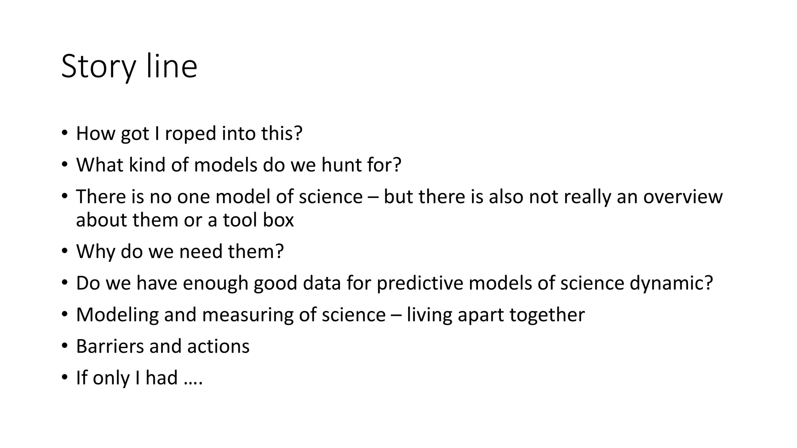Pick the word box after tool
[278, 220]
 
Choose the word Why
[96, 252]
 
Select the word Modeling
[117, 315]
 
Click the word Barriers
[110, 346]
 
